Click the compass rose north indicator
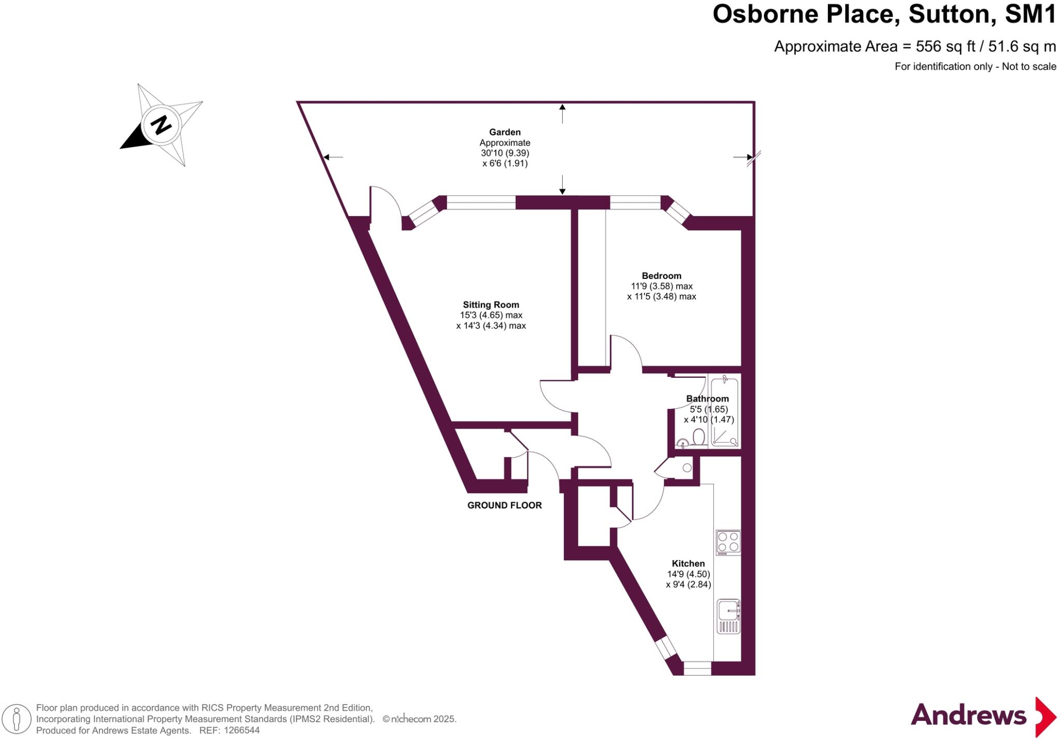(x=161, y=125)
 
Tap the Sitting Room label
(x=491, y=305)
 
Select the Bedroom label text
(x=661, y=276)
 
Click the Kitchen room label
(x=688, y=563)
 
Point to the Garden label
(x=505, y=132)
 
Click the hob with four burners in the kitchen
(x=728, y=542)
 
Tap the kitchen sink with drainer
(x=728, y=616)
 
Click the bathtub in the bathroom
(x=724, y=412)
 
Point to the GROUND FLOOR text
(x=504, y=505)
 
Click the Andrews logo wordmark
(x=968, y=716)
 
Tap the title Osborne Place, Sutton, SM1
(x=884, y=15)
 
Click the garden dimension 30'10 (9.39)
(x=505, y=153)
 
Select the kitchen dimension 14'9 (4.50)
(x=688, y=574)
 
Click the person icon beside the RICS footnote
(x=17, y=719)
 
